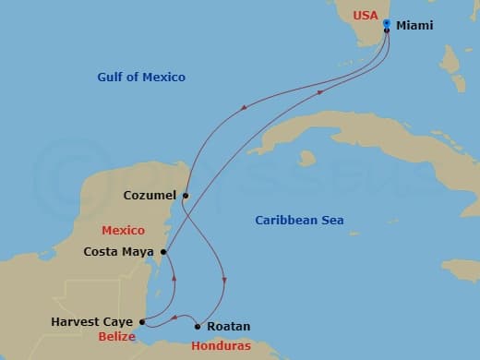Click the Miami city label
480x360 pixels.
[x=414, y=27]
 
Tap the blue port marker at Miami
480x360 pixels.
[x=386, y=24]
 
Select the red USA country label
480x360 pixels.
[x=366, y=16]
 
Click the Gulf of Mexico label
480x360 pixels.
[x=141, y=77]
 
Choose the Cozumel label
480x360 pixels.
[x=150, y=196]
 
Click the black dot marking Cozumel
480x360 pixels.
[x=186, y=196]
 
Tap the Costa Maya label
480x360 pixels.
[x=120, y=251]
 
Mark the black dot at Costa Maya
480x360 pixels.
[x=163, y=251]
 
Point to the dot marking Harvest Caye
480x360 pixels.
[x=140, y=322]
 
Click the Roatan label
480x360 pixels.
[x=229, y=327]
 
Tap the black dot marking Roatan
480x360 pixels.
[x=198, y=326]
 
